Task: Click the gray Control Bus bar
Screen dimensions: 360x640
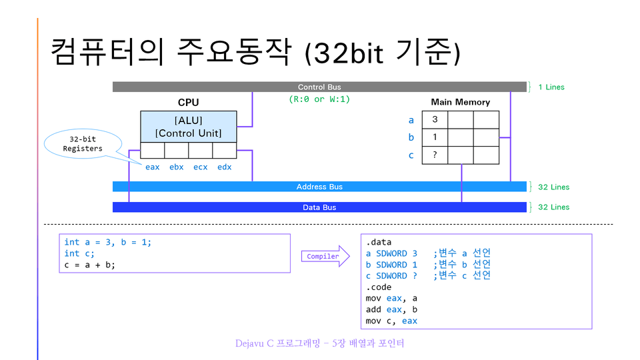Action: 319,87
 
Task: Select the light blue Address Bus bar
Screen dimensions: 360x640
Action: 319,187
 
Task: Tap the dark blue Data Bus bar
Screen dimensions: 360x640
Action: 319,207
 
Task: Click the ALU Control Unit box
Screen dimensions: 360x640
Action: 188,126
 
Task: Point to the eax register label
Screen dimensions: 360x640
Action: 153,167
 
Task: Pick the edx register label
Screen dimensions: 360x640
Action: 225,167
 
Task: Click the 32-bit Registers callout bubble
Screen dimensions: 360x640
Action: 83,144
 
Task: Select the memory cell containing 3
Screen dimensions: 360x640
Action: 435,120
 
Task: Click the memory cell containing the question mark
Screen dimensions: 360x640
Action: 435,155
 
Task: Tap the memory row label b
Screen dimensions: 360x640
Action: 411,137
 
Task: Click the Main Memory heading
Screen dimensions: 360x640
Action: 460,102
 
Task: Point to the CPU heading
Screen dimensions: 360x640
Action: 188,103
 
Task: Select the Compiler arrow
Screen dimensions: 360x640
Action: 325,256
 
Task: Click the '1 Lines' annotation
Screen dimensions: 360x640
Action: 551,87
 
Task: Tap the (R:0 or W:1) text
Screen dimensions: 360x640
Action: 319,99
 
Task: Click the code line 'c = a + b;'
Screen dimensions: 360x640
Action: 89,265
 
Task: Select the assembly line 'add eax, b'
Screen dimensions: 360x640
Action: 391,309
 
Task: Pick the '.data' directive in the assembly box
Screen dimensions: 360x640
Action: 379,242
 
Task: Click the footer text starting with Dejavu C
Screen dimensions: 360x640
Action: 319,344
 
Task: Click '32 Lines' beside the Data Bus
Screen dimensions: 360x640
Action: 553,207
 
